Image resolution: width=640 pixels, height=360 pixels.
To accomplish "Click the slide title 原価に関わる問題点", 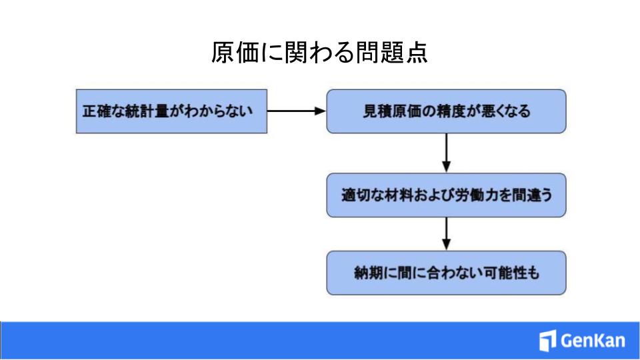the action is pos(319,53).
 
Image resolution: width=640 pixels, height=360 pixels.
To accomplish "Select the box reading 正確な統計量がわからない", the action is pos(171,111).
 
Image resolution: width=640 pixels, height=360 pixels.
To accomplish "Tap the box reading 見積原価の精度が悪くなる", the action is pos(446,111).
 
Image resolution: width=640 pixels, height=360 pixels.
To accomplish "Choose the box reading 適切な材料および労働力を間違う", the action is pos(446,195).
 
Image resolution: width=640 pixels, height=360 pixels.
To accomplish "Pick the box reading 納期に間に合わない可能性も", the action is pos(446,273).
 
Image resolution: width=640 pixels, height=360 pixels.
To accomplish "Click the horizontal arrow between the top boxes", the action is pos(297,111).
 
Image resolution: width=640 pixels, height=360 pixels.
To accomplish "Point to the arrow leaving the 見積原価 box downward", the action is pos(446,153).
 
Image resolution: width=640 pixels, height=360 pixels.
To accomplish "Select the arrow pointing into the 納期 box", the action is pos(446,234).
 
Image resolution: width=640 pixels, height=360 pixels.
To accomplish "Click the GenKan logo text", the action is pos(593,341).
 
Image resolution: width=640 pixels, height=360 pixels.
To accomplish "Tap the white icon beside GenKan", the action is pos(547,341).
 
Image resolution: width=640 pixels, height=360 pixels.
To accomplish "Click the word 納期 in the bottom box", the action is pos(369,273).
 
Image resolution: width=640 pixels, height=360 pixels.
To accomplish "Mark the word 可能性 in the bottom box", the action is pos(505,273).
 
